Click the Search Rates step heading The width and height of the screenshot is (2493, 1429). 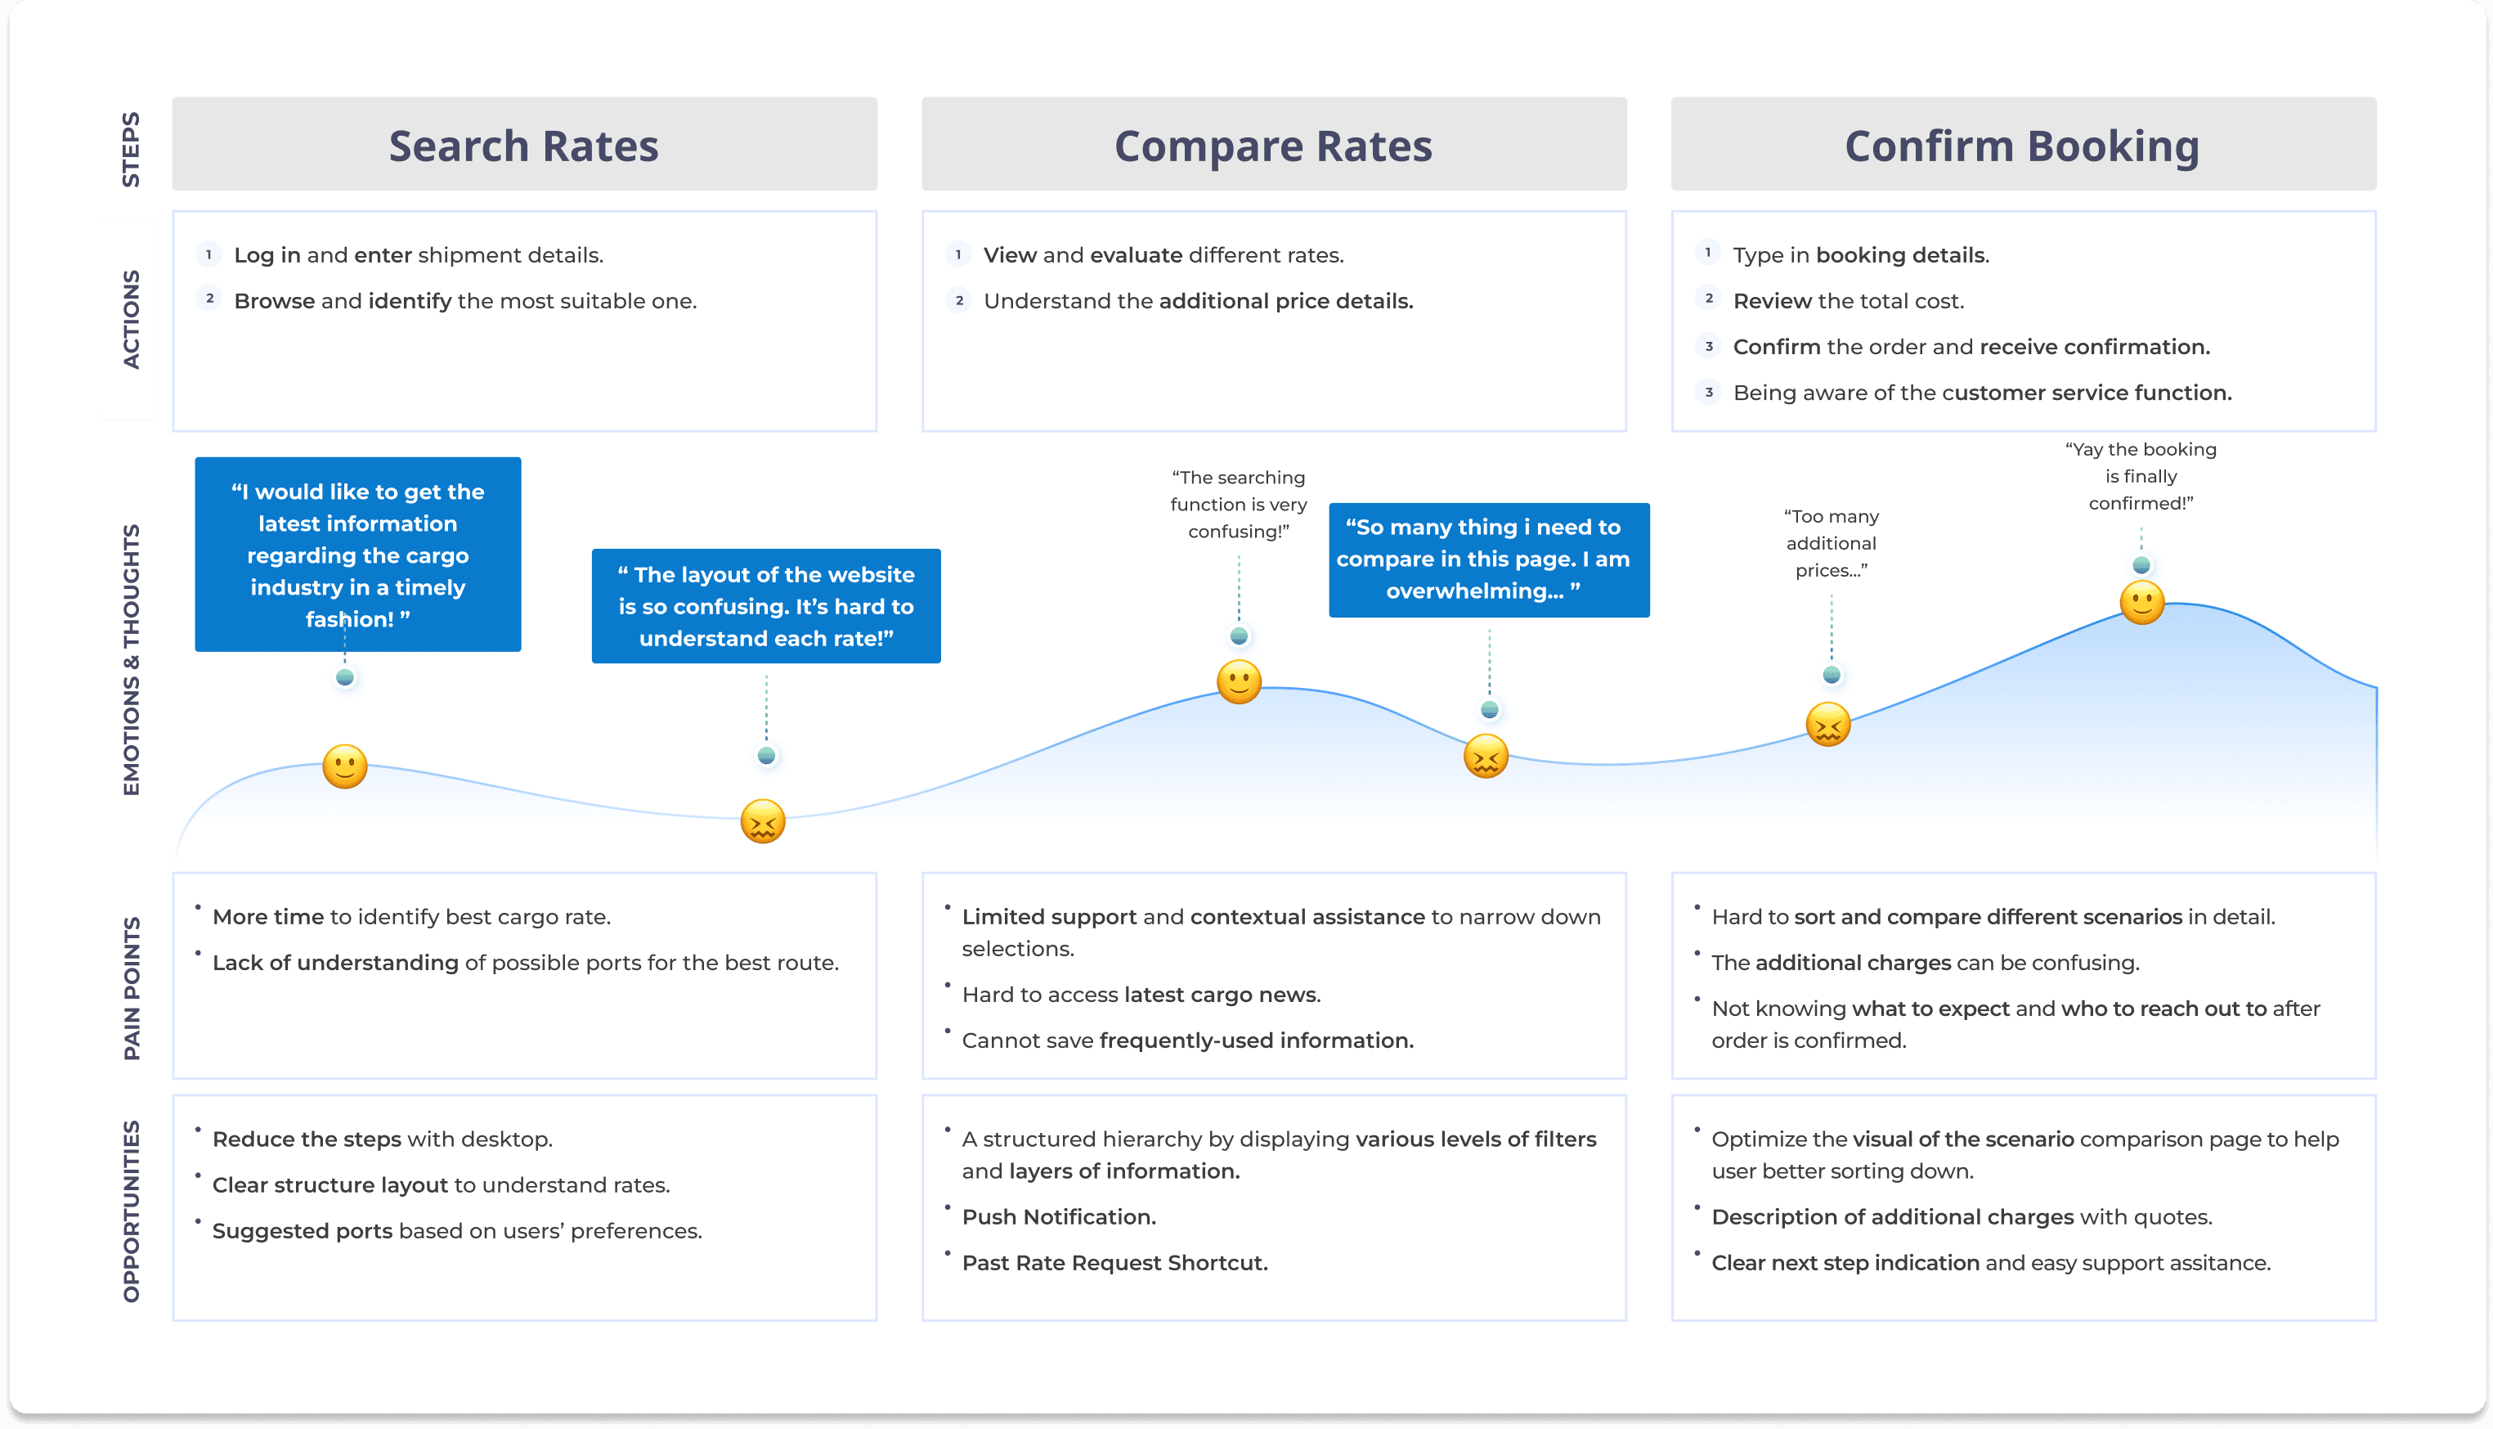pos(524,146)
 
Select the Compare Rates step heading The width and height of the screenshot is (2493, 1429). pos(1272,146)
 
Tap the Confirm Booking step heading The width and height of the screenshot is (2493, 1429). pos(2021,146)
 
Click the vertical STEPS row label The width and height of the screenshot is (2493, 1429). pos(131,149)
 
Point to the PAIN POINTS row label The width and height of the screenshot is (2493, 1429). pos(132,987)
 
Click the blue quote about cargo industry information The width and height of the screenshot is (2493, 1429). pos(357,555)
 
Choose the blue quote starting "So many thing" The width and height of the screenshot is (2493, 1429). pos(1487,559)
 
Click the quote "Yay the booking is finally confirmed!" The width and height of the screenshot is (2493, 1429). pos(2140,476)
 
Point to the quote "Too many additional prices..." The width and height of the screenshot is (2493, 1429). pos(1830,543)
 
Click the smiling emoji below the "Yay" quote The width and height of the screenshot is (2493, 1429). pos(2141,603)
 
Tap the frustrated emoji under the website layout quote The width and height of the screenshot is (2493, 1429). pos(762,821)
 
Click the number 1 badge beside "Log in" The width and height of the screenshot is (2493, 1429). pos(208,255)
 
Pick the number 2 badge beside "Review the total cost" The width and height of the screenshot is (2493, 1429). pos(1708,299)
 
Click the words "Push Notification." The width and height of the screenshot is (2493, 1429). pos(1059,1217)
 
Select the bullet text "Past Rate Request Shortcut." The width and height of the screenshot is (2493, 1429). pos(1114,1263)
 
